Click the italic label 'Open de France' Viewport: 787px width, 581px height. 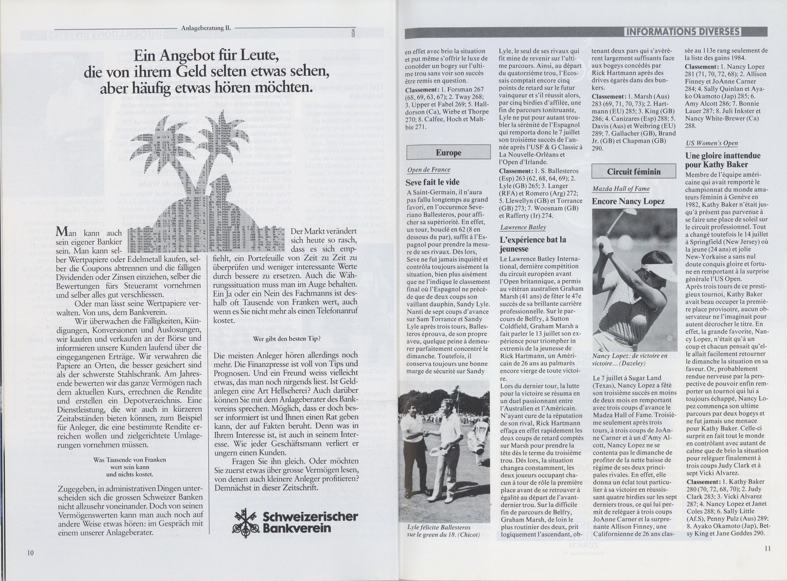click(428, 170)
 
